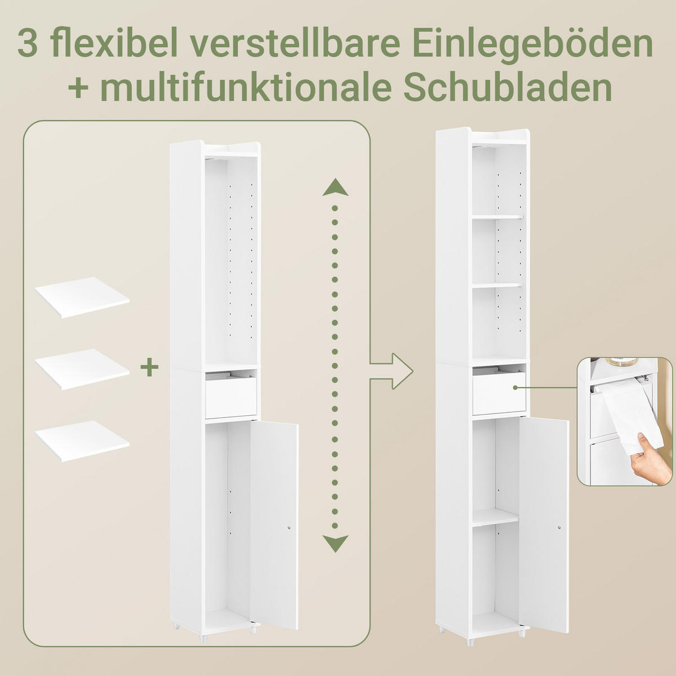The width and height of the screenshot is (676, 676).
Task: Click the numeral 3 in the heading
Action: pyautogui.click(x=28, y=44)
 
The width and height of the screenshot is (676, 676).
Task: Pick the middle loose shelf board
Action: pyautogui.click(x=82, y=369)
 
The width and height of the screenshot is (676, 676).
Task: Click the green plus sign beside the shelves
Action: pyautogui.click(x=149, y=368)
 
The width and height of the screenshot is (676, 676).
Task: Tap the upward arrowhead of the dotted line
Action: pyautogui.click(x=335, y=187)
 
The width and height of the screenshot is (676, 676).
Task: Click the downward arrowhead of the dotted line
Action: pyautogui.click(x=335, y=543)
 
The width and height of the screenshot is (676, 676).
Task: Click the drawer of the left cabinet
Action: pyautogui.click(x=231, y=398)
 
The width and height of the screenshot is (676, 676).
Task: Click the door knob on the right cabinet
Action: pyautogui.click(x=558, y=528)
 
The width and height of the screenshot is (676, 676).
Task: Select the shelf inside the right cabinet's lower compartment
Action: pyautogui.click(x=495, y=518)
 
